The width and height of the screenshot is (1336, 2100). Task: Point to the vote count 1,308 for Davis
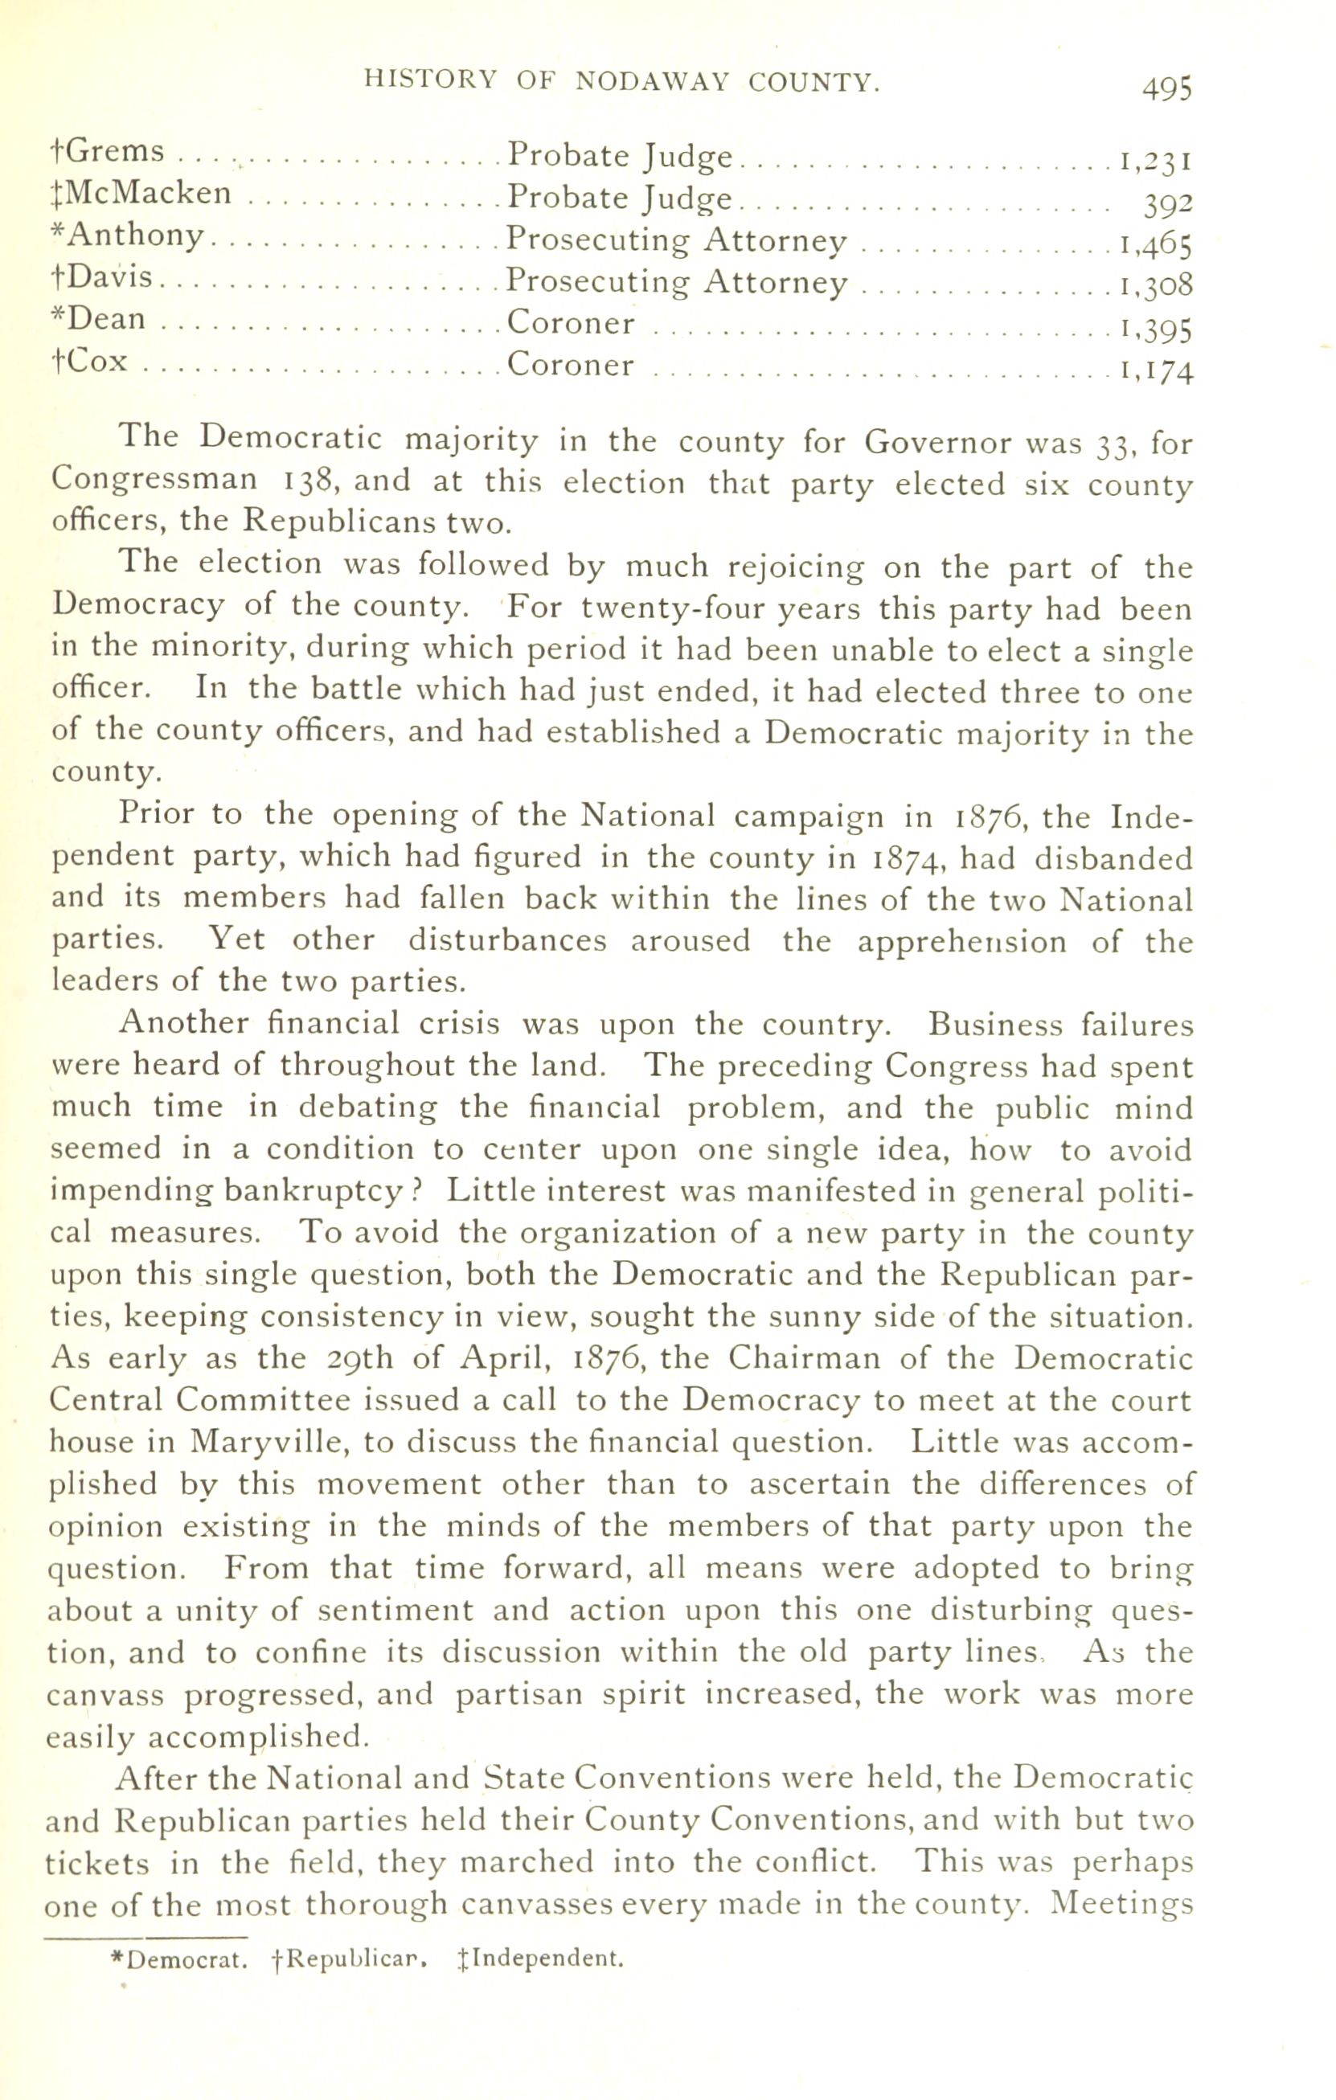point(1155,285)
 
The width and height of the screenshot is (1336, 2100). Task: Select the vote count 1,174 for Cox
point(1155,371)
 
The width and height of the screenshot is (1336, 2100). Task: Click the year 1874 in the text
point(907,859)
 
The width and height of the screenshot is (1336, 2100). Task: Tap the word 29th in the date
point(359,1359)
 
